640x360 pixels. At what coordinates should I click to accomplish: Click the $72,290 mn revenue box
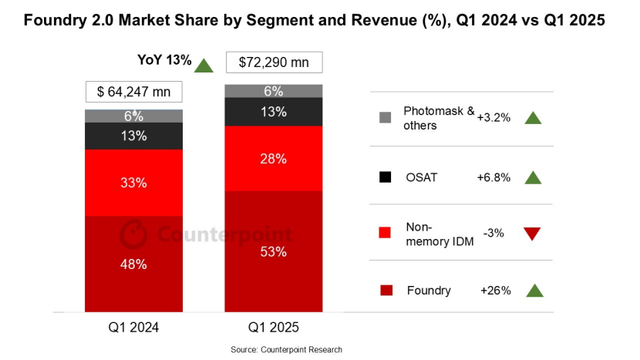[273, 62]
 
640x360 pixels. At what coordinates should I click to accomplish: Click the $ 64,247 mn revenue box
[133, 92]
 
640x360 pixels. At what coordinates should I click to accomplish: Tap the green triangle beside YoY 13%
[204, 65]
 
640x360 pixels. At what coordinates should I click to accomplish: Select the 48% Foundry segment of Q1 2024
[133, 264]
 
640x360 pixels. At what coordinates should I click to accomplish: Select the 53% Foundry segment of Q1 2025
[273, 251]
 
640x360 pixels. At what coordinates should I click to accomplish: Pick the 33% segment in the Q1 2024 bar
[133, 183]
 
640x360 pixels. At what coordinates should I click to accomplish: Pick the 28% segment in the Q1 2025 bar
[273, 158]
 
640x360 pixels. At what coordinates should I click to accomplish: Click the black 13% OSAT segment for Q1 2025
[273, 111]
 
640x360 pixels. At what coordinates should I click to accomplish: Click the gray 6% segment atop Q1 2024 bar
[133, 116]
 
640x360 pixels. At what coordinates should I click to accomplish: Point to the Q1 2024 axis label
[133, 327]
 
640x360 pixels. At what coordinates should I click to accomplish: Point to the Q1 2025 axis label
[273, 327]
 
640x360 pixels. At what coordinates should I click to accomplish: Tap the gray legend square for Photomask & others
[386, 118]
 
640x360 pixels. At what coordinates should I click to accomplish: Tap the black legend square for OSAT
[386, 177]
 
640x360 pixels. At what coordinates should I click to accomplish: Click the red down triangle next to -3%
[533, 234]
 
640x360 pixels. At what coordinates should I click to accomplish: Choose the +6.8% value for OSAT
[493, 177]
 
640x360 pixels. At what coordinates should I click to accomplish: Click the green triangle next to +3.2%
[533, 118]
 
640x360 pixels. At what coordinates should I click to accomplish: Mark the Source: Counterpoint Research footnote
[286, 349]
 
